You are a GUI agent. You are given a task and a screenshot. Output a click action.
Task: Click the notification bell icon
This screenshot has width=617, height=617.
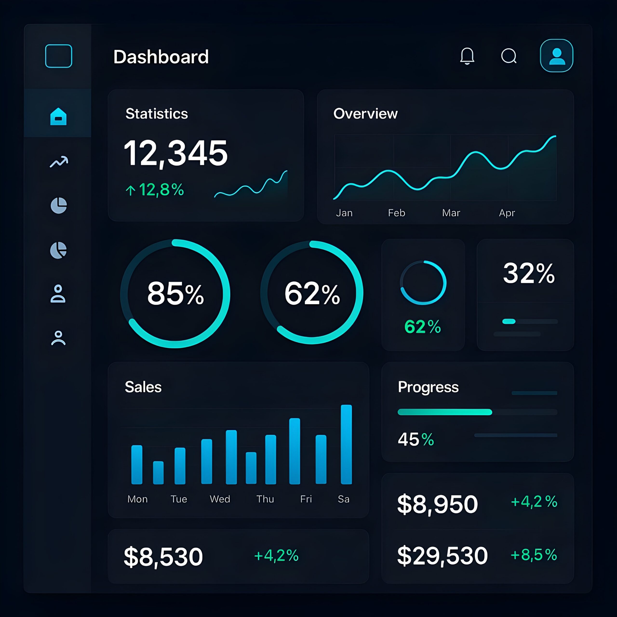(467, 56)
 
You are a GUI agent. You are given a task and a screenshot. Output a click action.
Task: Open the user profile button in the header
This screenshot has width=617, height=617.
(557, 56)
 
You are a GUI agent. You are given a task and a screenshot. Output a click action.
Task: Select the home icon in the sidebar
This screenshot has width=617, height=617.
(58, 117)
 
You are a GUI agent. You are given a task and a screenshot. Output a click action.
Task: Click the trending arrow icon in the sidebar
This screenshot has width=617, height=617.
(59, 162)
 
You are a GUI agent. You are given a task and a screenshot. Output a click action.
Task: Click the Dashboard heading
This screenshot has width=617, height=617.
(161, 57)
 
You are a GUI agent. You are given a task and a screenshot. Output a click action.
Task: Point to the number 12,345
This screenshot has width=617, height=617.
(176, 153)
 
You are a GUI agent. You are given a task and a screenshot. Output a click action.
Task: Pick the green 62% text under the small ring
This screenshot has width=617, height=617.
(423, 327)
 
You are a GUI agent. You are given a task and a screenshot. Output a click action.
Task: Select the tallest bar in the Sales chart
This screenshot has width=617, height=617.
(346, 444)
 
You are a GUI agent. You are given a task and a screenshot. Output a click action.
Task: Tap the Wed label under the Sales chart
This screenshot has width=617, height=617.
(220, 499)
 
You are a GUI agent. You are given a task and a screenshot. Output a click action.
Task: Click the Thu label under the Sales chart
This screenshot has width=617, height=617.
(265, 499)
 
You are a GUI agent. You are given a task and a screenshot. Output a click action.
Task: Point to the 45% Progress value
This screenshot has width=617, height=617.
(416, 439)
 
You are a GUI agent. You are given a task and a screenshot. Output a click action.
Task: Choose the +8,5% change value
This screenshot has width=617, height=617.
(534, 555)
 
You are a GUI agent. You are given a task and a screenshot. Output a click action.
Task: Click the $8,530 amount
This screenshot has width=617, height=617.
(163, 557)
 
